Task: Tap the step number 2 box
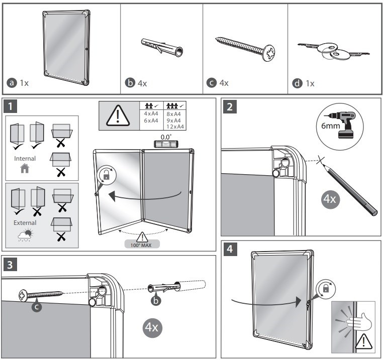pos(230,106)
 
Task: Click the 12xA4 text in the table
pos(173,126)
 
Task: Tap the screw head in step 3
pos(23,295)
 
